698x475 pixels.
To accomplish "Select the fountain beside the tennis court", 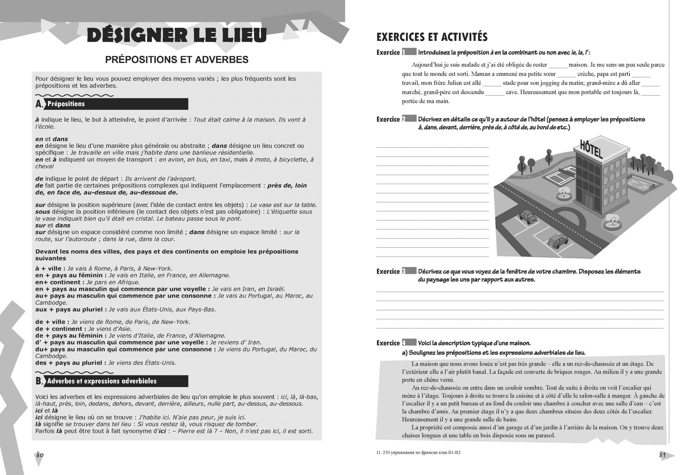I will click(x=564, y=194).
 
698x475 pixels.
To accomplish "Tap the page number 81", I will click(x=662, y=455).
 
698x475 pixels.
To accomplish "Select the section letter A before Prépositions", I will click(x=39, y=104).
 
